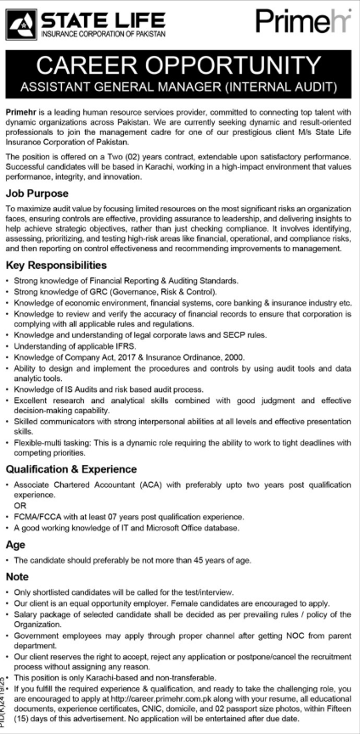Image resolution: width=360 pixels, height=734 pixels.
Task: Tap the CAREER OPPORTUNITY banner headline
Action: (x=180, y=65)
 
